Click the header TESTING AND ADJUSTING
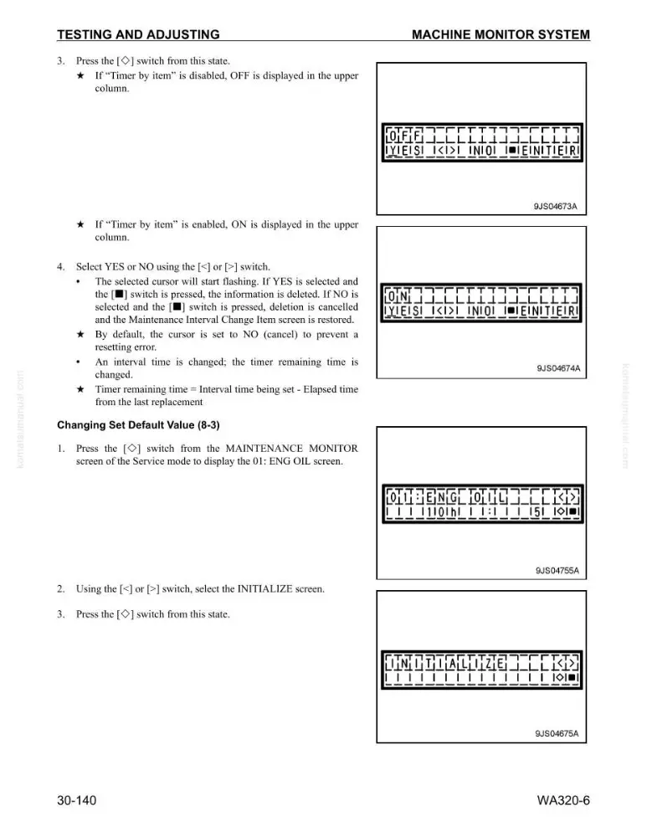pyautogui.click(x=138, y=34)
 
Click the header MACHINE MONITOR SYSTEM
pyautogui.click(x=501, y=34)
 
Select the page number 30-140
pyautogui.click(x=77, y=800)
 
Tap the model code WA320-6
pyautogui.click(x=563, y=800)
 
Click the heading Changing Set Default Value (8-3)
pyautogui.click(x=138, y=425)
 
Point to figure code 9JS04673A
pyautogui.click(x=555, y=206)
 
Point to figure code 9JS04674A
pyautogui.click(x=558, y=368)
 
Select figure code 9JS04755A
pyautogui.click(x=557, y=571)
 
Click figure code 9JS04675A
pyautogui.click(x=557, y=733)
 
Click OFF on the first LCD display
pyautogui.click(x=404, y=135)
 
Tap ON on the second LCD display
pyautogui.click(x=398, y=295)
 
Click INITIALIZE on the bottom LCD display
pyautogui.click(x=446, y=664)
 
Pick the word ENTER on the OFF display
pyautogui.click(x=549, y=151)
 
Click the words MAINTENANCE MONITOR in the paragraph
pyautogui.click(x=291, y=449)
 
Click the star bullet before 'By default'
pyautogui.click(x=80, y=335)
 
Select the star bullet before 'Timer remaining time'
pyautogui.click(x=80, y=389)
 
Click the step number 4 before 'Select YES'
pyautogui.click(x=61, y=267)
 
